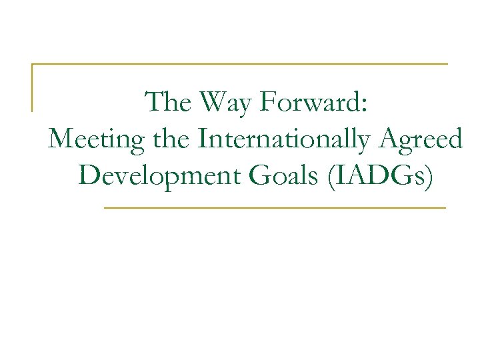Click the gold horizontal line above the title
coord(240,64)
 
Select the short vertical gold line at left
coord(33,87)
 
